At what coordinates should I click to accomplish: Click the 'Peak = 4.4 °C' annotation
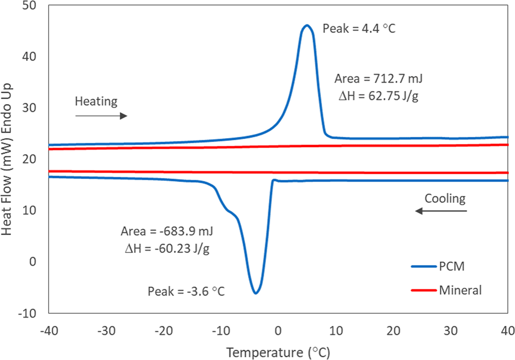(x=359, y=29)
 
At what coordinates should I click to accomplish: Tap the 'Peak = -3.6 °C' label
(x=186, y=291)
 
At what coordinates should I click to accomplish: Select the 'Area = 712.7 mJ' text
(x=378, y=80)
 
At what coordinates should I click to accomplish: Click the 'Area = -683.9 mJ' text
(x=167, y=231)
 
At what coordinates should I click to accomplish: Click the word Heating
(x=96, y=101)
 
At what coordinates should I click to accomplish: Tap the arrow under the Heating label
(x=101, y=116)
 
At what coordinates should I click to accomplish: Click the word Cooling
(x=444, y=198)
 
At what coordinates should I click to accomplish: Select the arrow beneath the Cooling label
(x=441, y=211)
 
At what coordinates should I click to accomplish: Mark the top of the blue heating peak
(x=306, y=25)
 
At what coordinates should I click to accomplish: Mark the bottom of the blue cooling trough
(x=256, y=293)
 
